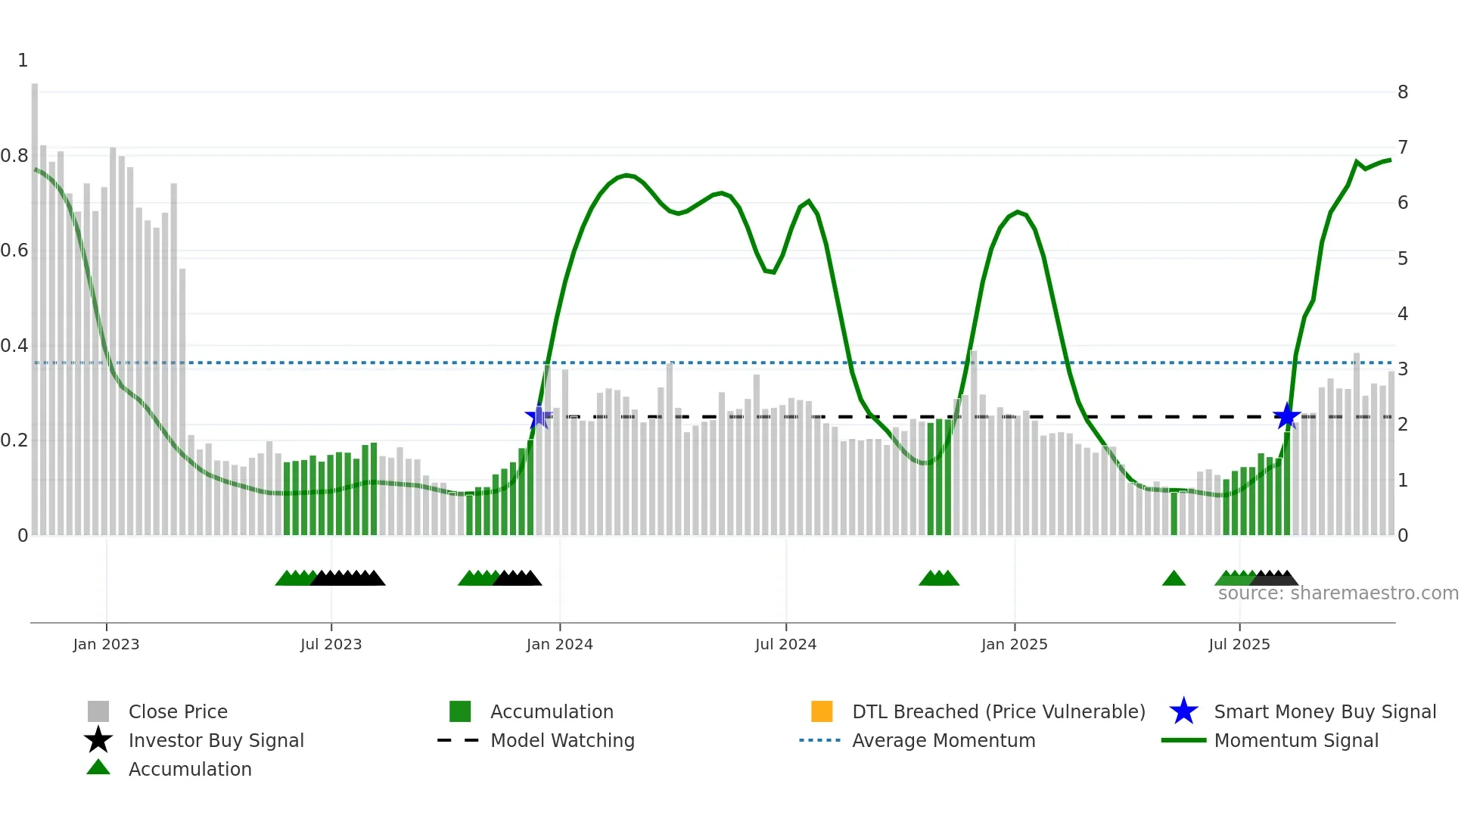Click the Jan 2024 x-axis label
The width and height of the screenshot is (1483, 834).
click(x=559, y=644)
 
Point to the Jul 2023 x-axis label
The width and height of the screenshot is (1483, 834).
click(x=331, y=644)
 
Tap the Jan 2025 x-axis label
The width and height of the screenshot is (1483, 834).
click(x=1014, y=644)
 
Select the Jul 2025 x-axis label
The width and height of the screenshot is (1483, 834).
click(x=1239, y=644)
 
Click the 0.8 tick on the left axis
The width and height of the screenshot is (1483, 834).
click(x=14, y=156)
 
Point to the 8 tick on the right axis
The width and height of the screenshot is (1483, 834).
click(x=1403, y=92)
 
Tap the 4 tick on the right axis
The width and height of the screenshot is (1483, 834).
click(x=1403, y=314)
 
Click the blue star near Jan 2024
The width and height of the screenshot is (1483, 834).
click(x=538, y=416)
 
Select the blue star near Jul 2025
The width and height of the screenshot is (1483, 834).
click(x=1286, y=416)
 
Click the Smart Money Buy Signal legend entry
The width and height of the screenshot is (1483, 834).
click(x=1324, y=711)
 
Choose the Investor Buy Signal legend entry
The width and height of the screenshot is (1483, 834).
click(x=216, y=740)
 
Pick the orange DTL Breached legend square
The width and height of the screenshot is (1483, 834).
click(x=822, y=711)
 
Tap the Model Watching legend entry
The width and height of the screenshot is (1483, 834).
click(x=561, y=740)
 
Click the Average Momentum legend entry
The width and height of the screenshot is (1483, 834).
click(x=943, y=740)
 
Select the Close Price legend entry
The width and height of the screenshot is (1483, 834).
click(x=177, y=711)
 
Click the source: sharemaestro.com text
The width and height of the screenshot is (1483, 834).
click(x=1338, y=593)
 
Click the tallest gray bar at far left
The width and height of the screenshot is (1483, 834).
click(x=35, y=303)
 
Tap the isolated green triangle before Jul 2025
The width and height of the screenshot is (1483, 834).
click(x=1174, y=579)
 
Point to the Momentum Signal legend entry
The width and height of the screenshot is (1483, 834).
click(x=1295, y=740)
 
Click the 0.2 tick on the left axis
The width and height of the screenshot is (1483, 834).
click(x=14, y=440)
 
